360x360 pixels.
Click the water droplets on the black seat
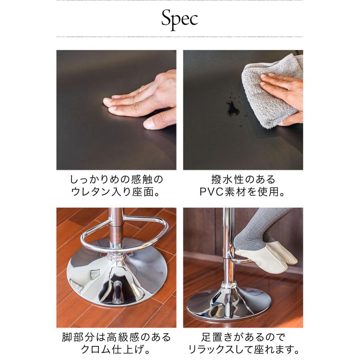click(x=231, y=107)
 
